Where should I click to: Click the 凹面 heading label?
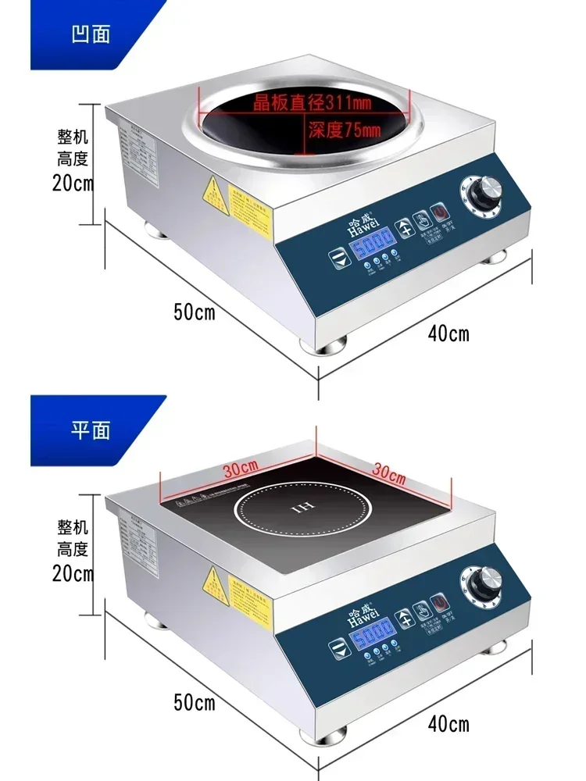point(91,34)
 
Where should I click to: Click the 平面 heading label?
point(91,429)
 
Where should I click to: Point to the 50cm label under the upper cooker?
point(194,312)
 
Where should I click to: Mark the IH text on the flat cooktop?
point(306,508)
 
